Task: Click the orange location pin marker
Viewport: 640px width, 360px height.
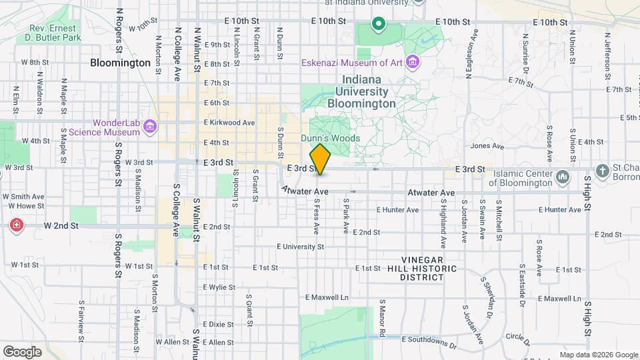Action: click(x=320, y=159)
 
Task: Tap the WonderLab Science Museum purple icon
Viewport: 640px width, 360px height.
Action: click(x=149, y=127)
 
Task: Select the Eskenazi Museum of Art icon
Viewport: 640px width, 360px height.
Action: click(x=413, y=63)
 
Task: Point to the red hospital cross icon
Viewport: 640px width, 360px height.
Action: click(x=15, y=226)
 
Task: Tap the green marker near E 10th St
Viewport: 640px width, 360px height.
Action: click(x=378, y=25)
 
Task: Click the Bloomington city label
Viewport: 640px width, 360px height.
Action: click(x=121, y=63)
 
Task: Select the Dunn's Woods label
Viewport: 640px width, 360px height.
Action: click(x=330, y=138)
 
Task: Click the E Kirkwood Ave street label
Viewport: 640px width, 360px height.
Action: click(x=230, y=123)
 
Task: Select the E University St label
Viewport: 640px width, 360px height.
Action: click(x=301, y=247)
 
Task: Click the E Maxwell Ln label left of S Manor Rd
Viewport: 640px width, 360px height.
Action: click(x=327, y=297)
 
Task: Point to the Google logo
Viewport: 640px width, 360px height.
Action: click(x=22, y=351)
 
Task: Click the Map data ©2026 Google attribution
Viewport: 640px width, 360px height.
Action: click(x=599, y=355)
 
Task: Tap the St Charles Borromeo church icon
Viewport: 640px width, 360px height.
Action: click(x=602, y=169)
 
